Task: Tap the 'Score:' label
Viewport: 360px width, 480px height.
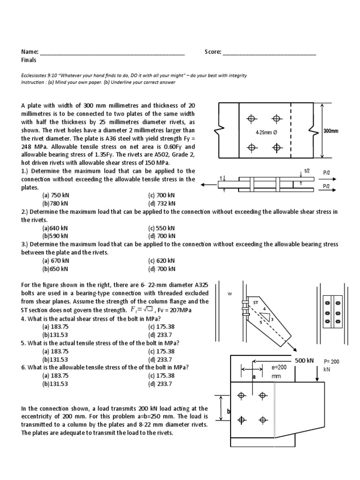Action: tap(213, 52)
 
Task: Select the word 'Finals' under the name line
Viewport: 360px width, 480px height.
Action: tap(29, 60)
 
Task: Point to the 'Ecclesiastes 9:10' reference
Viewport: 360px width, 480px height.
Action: tap(39, 75)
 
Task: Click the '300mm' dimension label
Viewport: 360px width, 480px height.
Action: tap(331, 131)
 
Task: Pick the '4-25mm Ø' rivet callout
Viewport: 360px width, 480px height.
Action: tap(266, 133)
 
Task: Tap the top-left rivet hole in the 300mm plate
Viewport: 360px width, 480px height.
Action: tap(252, 118)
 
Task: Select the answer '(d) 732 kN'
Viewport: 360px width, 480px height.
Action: tap(162, 203)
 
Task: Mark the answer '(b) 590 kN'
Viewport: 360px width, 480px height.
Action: tap(55, 236)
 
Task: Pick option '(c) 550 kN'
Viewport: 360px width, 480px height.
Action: tap(162, 228)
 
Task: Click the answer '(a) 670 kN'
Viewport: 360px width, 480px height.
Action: tap(55, 261)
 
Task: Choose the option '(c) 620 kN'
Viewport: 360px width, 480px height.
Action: tap(162, 261)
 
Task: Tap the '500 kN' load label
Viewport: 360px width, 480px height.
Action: tap(304, 360)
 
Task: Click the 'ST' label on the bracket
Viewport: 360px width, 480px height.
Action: tap(256, 303)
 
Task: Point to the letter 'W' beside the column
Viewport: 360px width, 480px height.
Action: tap(229, 294)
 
